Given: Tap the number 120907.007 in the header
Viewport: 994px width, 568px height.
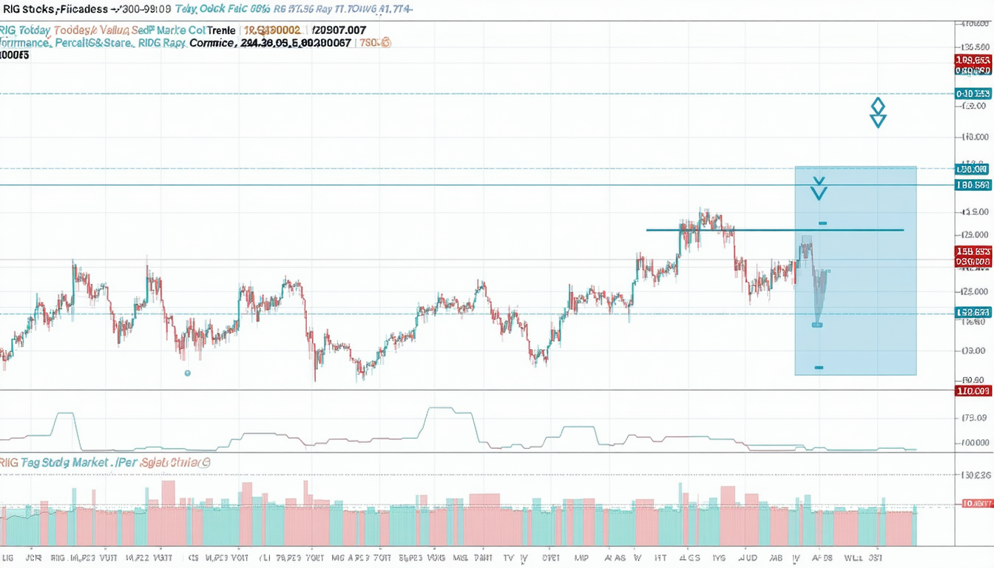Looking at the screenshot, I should (x=339, y=30).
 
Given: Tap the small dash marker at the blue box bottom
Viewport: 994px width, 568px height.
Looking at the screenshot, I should (x=819, y=368).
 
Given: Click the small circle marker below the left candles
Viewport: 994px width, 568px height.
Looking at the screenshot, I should (x=187, y=373).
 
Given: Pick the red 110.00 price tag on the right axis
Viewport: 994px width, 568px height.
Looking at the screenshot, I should (x=973, y=390).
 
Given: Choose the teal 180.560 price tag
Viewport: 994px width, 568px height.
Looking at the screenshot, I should (x=973, y=185).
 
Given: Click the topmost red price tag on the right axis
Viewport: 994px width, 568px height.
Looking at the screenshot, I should (x=973, y=60).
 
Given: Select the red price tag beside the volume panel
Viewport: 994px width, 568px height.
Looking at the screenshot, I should (x=976, y=504).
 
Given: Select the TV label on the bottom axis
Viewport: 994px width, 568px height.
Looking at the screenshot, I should (x=508, y=557).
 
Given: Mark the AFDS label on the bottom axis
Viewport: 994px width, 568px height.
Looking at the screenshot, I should (x=821, y=557).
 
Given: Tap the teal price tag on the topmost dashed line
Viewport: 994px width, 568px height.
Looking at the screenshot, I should (x=973, y=94).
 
